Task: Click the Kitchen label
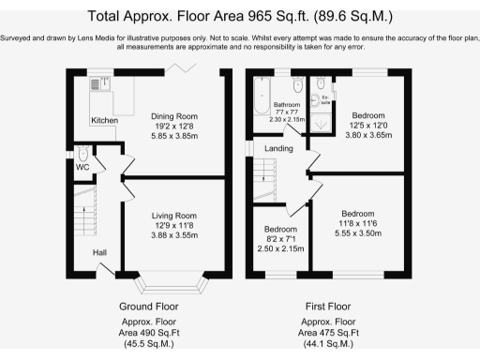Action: click(x=104, y=121)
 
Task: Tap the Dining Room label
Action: click(x=174, y=116)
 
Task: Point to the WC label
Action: click(x=82, y=167)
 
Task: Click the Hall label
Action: click(x=99, y=252)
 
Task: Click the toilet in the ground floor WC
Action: click(x=83, y=154)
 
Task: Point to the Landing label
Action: click(x=278, y=149)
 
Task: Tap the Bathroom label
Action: click(x=286, y=105)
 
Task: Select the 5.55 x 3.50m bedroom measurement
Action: click(x=357, y=230)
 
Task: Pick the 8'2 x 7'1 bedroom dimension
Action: click(x=280, y=237)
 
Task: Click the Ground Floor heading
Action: click(x=149, y=307)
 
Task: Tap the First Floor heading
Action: click(x=328, y=307)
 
